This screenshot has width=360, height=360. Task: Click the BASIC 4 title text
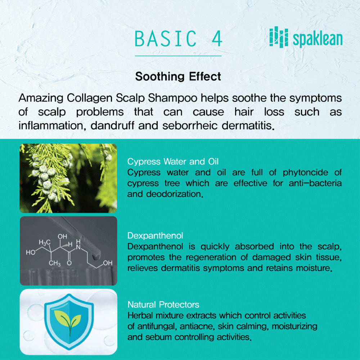tap(178, 39)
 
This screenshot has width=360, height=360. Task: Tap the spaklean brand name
tap(318, 39)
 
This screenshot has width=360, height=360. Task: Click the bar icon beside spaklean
tap(279, 37)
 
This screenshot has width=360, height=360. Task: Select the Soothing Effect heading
tap(178, 76)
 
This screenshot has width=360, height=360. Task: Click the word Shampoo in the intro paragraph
tap(172, 98)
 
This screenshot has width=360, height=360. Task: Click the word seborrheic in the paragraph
tap(190, 126)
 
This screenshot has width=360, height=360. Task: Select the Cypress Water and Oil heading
tap(173, 161)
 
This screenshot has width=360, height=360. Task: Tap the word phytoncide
tap(305, 173)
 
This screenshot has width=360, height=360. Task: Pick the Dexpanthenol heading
tap(155, 235)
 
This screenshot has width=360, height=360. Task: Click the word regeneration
tap(211, 257)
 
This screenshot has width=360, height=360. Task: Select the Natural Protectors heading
tap(163, 305)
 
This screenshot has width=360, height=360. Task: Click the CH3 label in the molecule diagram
tap(55, 263)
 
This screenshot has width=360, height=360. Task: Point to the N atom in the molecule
tap(78, 247)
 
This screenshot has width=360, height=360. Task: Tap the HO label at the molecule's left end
tap(31, 253)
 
